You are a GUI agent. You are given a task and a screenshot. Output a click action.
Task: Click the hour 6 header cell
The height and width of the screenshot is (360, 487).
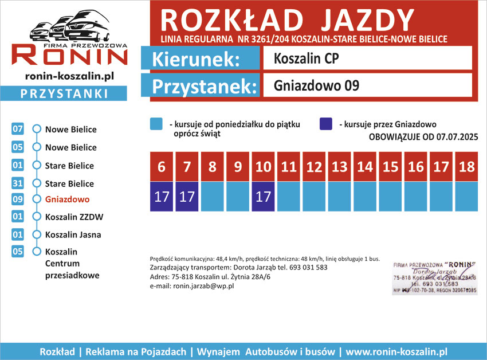click(x=162, y=167)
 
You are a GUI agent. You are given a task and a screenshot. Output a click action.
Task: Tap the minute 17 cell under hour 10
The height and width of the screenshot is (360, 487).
click(x=263, y=197)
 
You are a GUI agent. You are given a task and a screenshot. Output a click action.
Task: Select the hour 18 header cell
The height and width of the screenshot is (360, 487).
click(x=467, y=167)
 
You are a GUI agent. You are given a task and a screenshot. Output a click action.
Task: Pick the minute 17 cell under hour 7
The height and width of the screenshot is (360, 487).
click(x=187, y=197)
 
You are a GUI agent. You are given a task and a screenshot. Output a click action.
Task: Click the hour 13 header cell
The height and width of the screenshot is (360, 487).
click(x=340, y=167)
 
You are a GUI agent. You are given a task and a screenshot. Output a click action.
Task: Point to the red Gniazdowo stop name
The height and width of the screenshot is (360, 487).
click(x=68, y=199)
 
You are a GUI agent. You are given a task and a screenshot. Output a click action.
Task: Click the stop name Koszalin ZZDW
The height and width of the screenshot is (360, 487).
click(x=74, y=217)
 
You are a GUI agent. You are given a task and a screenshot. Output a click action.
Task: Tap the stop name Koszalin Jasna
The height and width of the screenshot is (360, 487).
click(x=73, y=234)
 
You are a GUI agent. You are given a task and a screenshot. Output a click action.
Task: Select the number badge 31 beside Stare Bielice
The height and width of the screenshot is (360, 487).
click(x=17, y=183)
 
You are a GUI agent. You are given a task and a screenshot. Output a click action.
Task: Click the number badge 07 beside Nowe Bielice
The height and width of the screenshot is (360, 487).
click(x=17, y=130)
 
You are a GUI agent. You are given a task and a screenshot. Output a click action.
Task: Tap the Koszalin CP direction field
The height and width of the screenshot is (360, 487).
click(x=367, y=58)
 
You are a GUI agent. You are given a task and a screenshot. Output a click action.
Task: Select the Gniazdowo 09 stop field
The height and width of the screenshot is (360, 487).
click(x=367, y=85)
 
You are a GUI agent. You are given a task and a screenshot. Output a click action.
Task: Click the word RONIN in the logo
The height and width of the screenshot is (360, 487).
click(x=70, y=56)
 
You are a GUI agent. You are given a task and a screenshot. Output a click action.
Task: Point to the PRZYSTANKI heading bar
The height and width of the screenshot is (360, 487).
click(x=64, y=93)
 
